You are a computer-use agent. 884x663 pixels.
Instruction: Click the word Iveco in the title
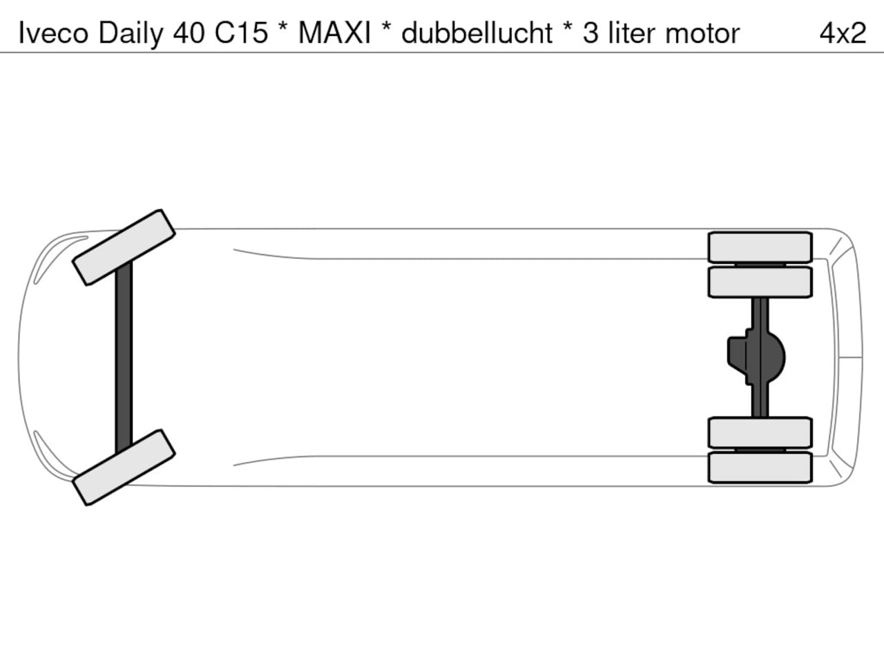[x=54, y=33]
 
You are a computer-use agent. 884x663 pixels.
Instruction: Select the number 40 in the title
[x=189, y=33]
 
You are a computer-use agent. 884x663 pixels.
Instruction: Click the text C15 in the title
[x=241, y=33]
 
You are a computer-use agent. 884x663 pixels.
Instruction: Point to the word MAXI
[x=334, y=33]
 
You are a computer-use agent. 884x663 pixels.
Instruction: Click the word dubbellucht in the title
[x=477, y=32]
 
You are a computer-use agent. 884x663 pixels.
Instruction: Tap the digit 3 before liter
[x=590, y=33]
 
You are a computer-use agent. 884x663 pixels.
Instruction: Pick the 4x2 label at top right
[x=843, y=33]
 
